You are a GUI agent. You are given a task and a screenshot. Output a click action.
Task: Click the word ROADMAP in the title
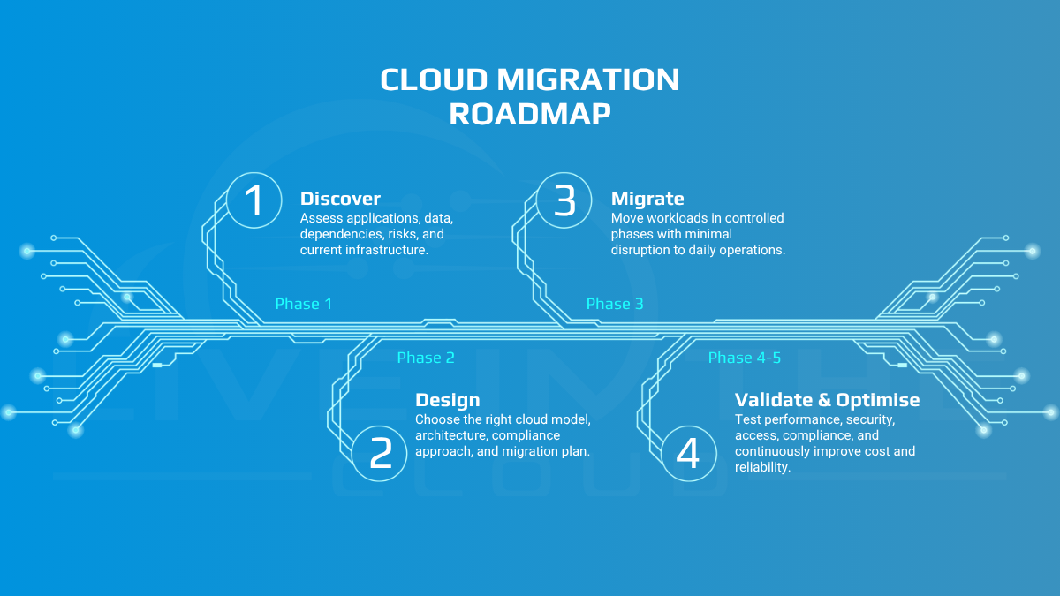530,114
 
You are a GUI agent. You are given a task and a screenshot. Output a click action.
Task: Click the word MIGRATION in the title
588,79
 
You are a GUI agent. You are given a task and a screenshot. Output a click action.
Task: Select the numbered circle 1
254,200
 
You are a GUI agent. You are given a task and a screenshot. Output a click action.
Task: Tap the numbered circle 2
380,453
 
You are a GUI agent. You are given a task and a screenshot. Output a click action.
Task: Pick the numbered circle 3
564,200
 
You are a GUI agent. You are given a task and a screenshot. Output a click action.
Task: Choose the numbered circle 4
689,453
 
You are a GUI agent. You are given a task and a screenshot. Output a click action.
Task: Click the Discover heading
340,199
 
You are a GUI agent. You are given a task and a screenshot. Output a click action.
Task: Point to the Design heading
448,400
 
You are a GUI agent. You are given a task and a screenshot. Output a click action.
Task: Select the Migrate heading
647,199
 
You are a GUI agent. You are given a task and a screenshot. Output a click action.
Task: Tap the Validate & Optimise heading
827,400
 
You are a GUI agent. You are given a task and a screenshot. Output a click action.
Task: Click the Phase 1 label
303,304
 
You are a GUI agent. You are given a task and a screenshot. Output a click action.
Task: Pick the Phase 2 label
426,358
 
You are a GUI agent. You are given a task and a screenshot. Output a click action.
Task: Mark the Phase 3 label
615,304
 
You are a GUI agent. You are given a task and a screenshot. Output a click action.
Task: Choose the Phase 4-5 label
745,358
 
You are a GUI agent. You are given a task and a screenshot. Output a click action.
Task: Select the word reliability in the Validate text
762,467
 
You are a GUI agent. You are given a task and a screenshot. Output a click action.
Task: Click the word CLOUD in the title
434,79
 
